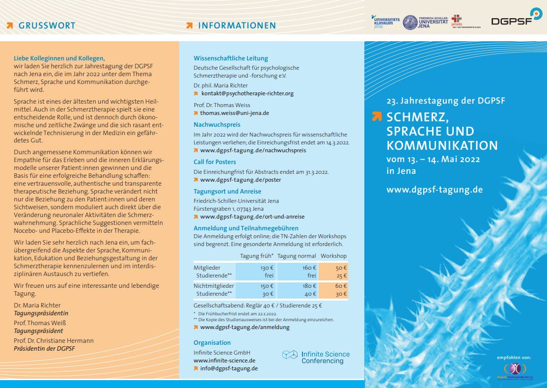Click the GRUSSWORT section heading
[x=47, y=26]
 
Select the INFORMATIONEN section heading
[x=237, y=26]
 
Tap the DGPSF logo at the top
[x=515, y=20]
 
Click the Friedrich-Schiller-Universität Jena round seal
[x=410, y=22]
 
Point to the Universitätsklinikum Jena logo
[x=386, y=22]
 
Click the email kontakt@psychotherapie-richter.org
[x=247, y=93]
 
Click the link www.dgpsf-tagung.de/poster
[x=240, y=180]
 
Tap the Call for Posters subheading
[x=215, y=162]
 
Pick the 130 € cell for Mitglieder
[x=267, y=268]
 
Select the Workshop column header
[x=333, y=256]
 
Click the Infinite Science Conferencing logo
[x=316, y=357]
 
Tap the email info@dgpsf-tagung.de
[x=228, y=368]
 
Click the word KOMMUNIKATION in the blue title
[x=442, y=146]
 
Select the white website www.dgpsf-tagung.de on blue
[x=435, y=190]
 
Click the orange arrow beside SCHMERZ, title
[x=377, y=116]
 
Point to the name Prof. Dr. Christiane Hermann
[x=54, y=341]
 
